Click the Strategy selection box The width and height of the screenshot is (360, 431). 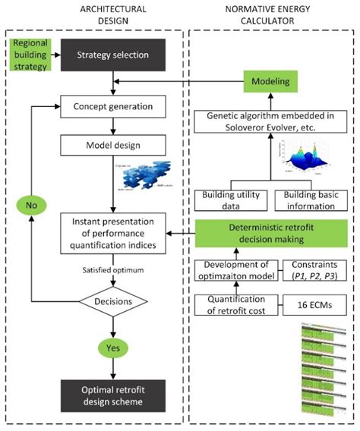click(x=113, y=54)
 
